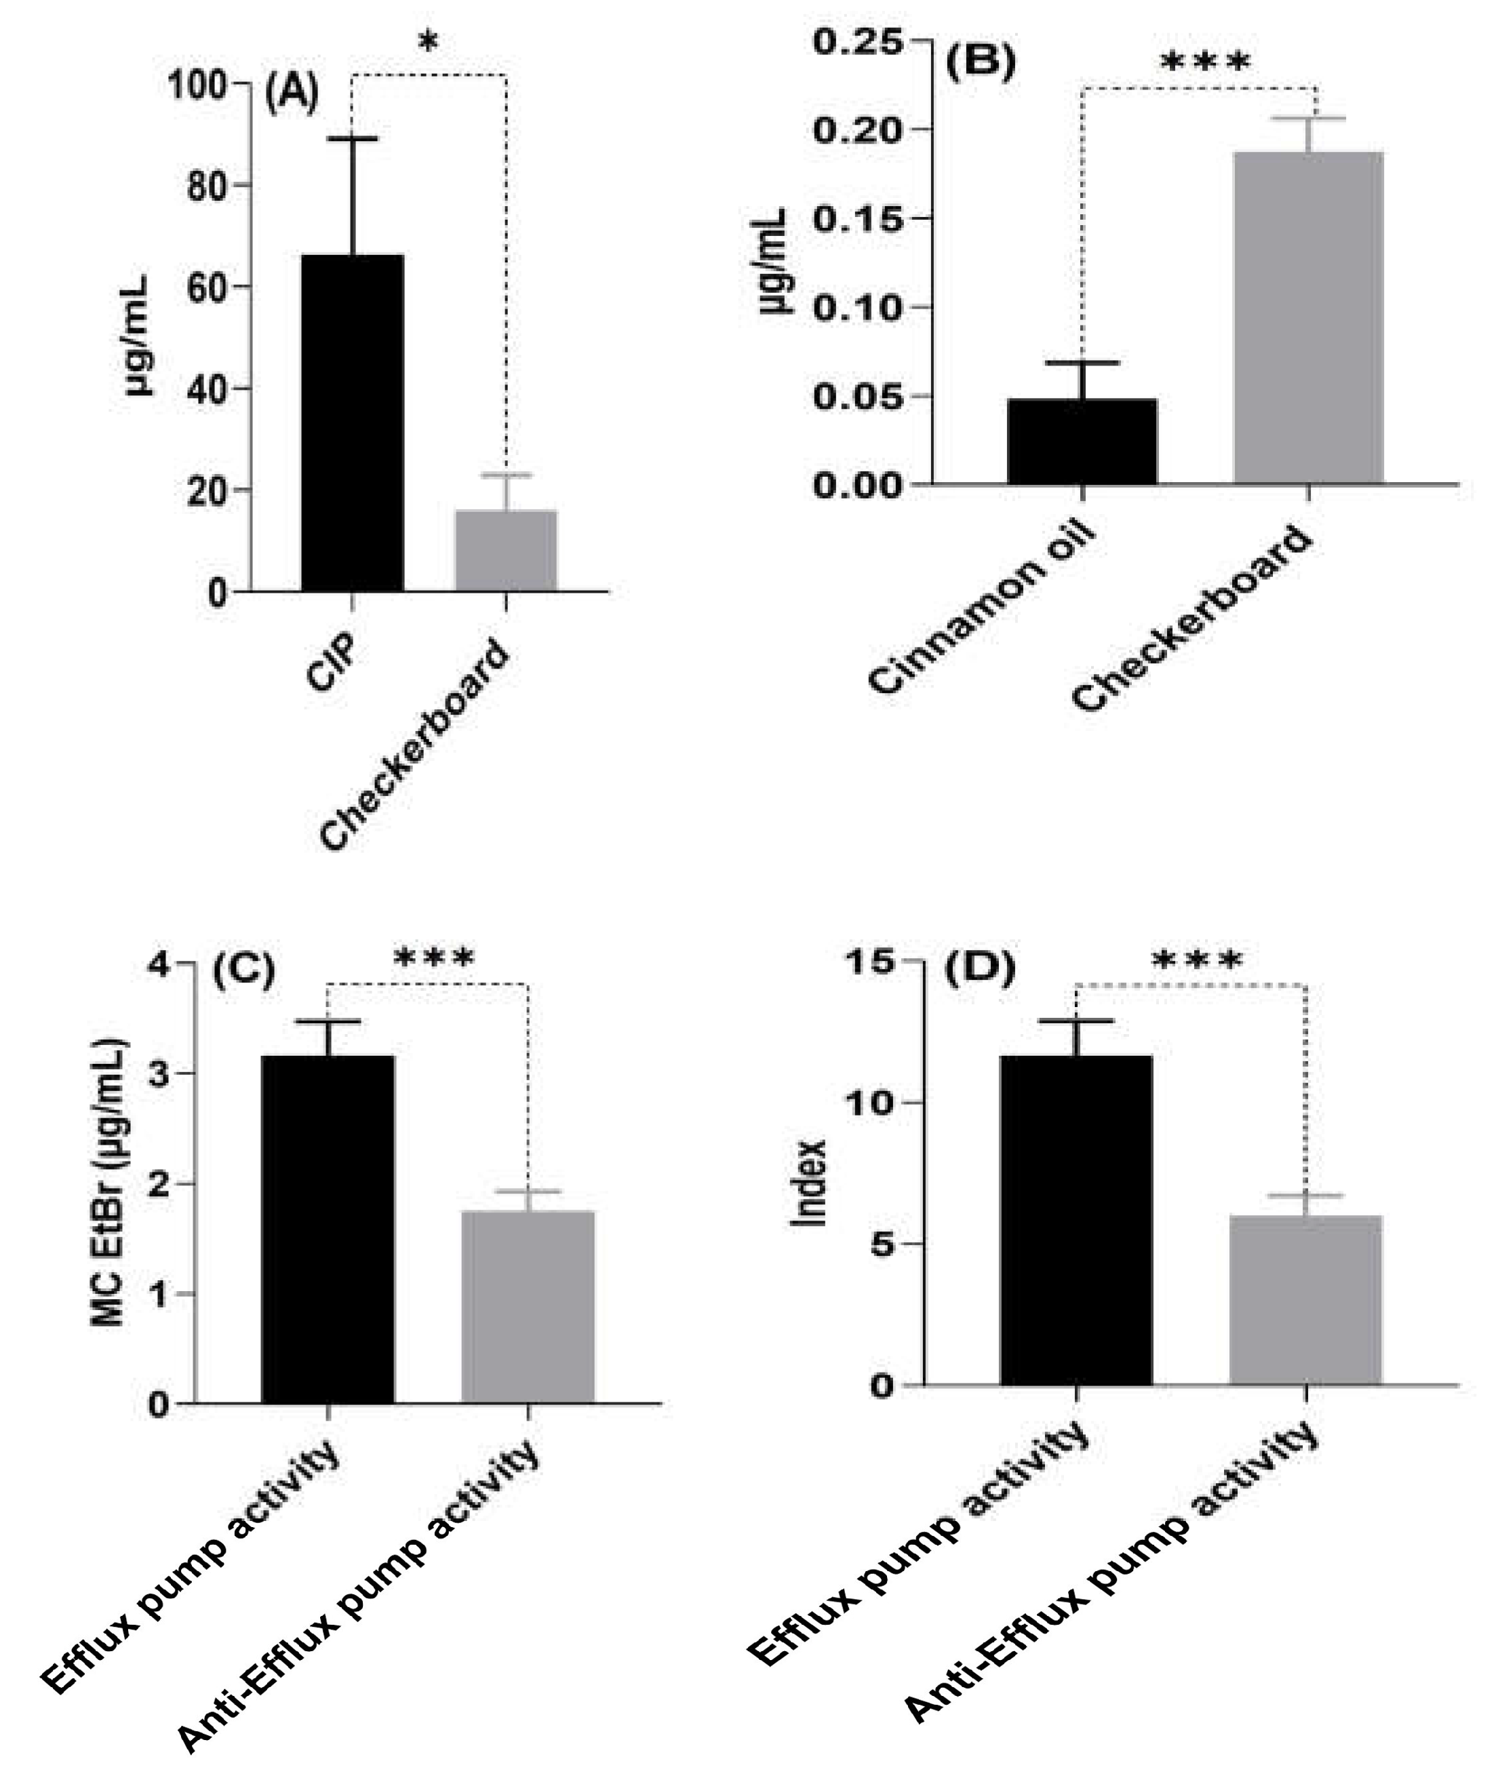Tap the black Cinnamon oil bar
(x=1082, y=441)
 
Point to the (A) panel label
(x=292, y=94)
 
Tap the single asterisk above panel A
(x=429, y=43)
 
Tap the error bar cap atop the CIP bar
(x=353, y=138)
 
